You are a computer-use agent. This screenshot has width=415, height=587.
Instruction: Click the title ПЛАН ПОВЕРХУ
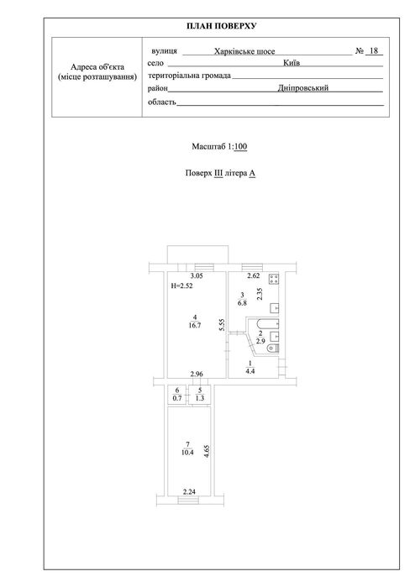coord(221,26)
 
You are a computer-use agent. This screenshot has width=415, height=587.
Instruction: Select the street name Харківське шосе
coord(244,51)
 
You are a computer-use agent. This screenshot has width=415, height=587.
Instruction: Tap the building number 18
coord(374,50)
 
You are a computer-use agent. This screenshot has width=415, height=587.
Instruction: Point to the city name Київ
coord(292,62)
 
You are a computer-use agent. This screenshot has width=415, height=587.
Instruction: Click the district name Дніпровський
coord(303,87)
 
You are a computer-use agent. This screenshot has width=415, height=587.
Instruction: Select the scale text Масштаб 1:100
coord(219,146)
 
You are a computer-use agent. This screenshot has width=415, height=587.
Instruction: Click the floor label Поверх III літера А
coord(221,173)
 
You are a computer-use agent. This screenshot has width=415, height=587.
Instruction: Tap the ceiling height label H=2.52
coord(181,286)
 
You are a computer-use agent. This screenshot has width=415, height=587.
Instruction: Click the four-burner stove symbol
coord(274,278)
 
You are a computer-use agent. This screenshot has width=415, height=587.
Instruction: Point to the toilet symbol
coord(273,349)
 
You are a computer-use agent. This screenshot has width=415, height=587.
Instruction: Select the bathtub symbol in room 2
coord(268,323)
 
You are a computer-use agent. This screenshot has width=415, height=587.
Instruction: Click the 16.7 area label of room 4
coord(195,325)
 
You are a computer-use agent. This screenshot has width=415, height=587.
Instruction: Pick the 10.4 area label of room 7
coord(187,452)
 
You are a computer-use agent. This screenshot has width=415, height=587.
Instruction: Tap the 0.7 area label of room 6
coord(177,398)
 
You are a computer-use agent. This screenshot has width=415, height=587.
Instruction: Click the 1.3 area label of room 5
coord(200,398)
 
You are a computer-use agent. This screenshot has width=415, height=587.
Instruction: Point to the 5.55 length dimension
coord(222,325)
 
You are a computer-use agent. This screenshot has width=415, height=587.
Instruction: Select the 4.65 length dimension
coord(206,451)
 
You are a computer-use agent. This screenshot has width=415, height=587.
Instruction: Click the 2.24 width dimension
coord(189,492)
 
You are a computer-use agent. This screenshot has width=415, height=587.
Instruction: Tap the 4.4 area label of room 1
coord(250,371)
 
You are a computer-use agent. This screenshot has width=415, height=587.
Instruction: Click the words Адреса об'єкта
coord(97,67)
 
